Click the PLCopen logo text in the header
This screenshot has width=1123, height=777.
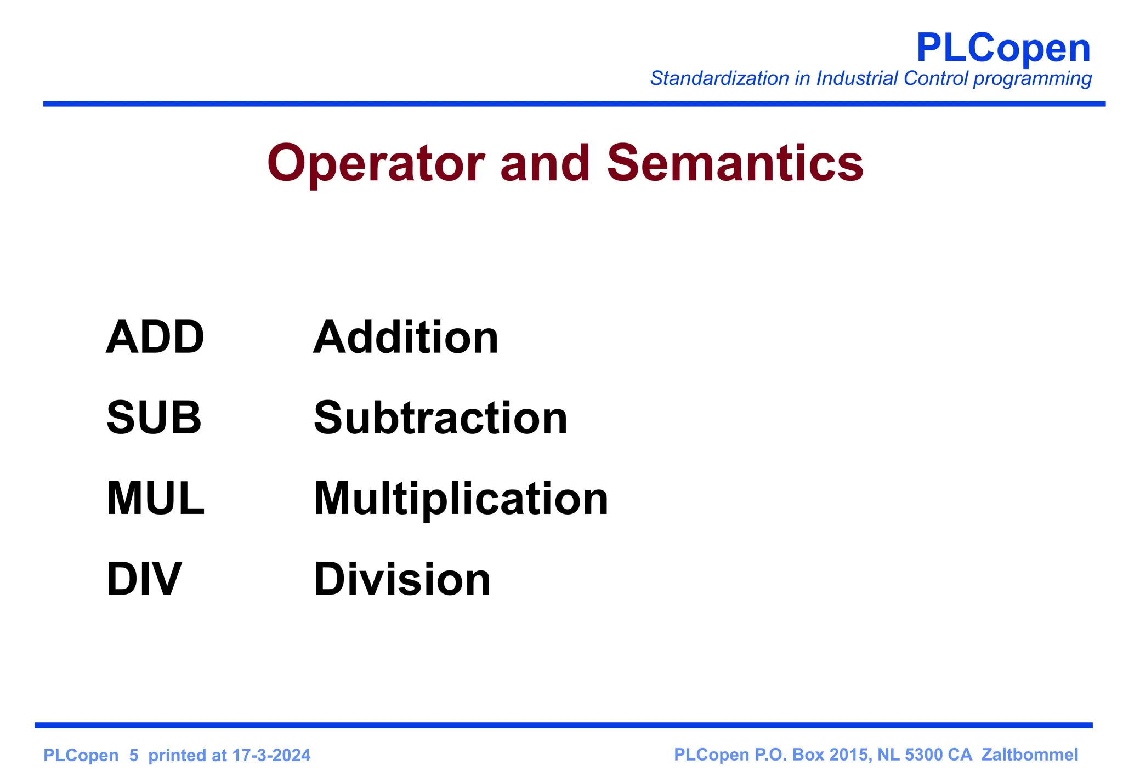pyautogui.click(x=1003, y=48)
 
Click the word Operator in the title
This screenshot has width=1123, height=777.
pyautogui.click(x=376, y=163)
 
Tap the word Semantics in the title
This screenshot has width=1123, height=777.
pyautogui.click(x=735, y=163)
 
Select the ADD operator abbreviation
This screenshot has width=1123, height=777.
pyautogui.click(x=155, y=337)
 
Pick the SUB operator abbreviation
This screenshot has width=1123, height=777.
pyautogui.click(x=154, y=418)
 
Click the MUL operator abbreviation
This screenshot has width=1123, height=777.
pyautogui.click(x=155, y=499)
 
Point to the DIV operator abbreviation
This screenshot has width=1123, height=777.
pyautogui.click(x=144, y=579)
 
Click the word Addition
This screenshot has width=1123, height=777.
pyautogui.click(x=406, y=337)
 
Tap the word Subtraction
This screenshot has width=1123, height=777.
pyautogui.click(x=440, y=418)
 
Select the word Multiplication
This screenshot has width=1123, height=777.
pyautogui.click(x=461, y=499)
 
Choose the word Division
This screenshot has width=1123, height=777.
pyautogui.click(x=402, y=579)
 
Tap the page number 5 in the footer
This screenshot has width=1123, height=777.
pyautogui.click(x=134, y=756)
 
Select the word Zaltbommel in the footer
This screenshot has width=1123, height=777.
pyautogui.click(x=1030, y=755)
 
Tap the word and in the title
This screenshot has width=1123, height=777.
pyautogui.click(x=546, y=163)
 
